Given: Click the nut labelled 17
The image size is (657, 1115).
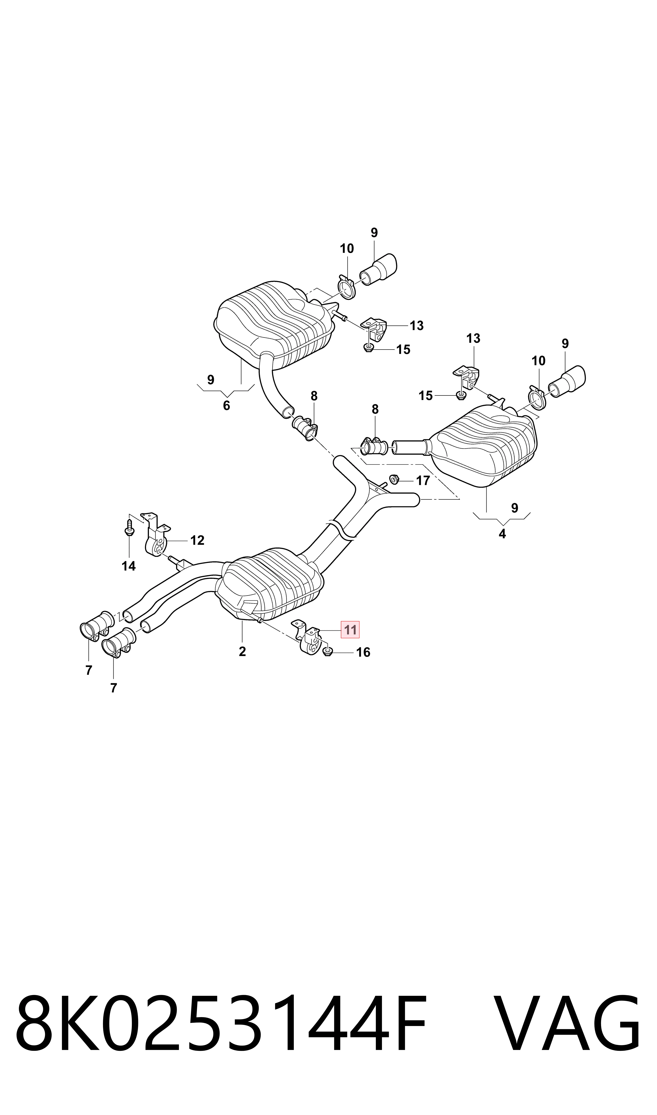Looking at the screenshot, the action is [395, 479].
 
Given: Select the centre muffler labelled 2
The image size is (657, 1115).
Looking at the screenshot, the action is [270, 584].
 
